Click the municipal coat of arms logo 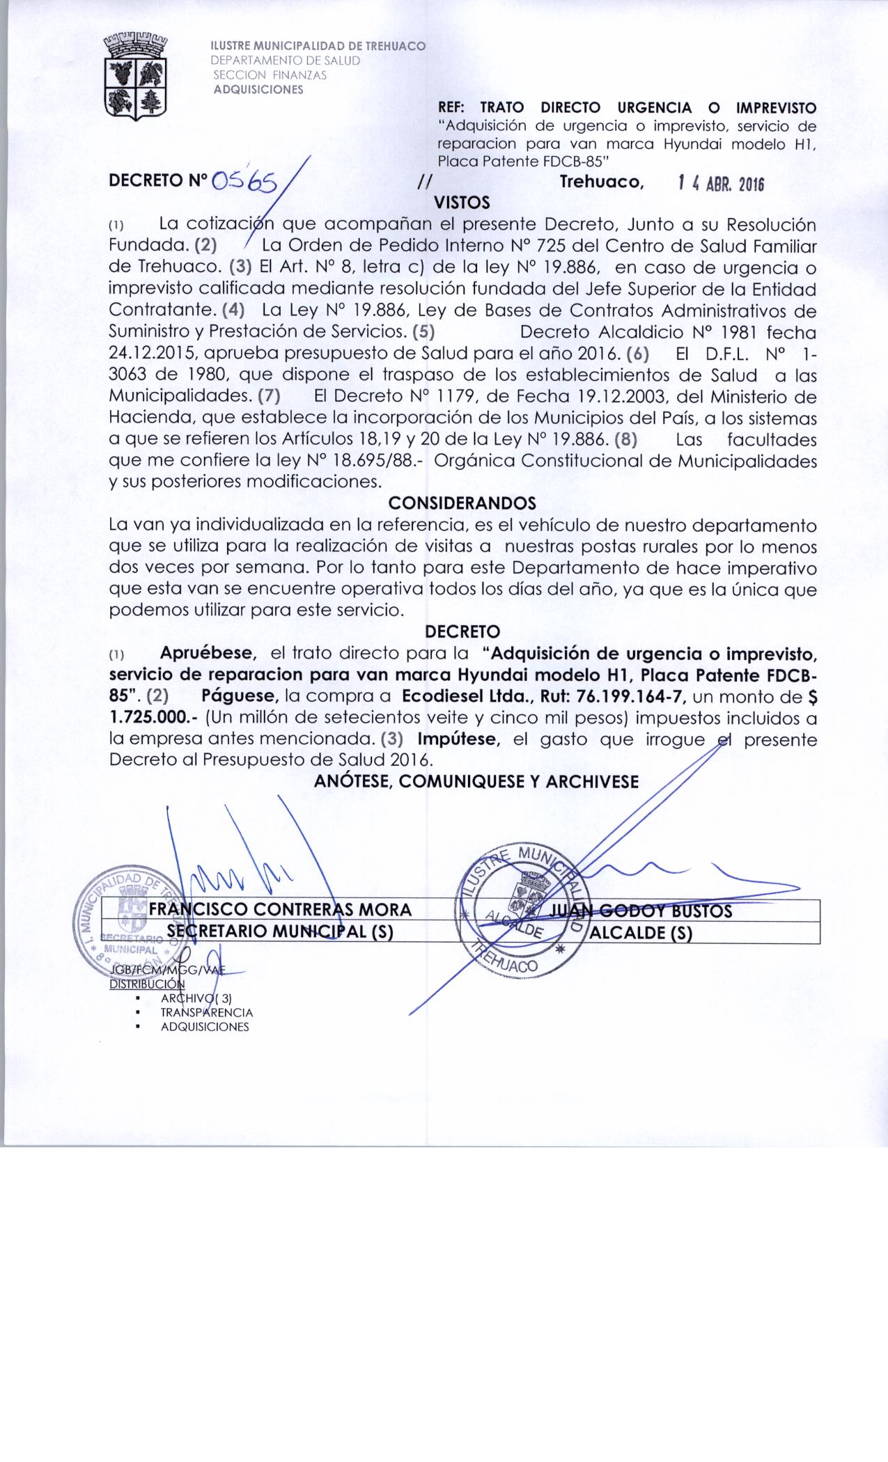tap(137, 77)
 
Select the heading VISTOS tap(462, 203)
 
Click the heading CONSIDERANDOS tap(462, 503)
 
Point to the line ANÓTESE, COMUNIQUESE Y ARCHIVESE tap(476, 781)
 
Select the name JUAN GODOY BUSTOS tap(641, 911)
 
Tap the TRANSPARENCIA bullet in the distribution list tap(206, 1013)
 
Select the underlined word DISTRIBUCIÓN tap(147, 984)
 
